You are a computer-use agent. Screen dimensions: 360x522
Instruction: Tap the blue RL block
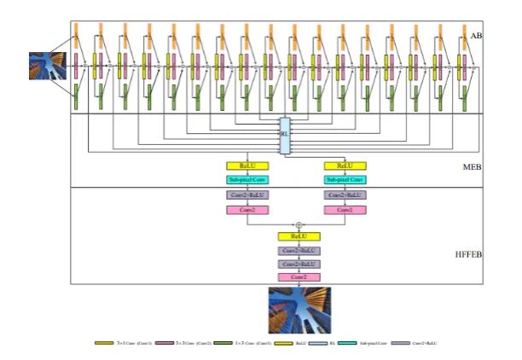point(284,136)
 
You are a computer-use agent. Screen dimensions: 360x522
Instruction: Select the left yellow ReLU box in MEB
point(247,165)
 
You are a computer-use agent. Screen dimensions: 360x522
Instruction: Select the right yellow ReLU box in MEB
point(345,165)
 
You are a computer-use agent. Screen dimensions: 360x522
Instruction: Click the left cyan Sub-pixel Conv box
point(247,179)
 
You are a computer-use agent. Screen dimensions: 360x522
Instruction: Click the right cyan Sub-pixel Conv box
point(345,179)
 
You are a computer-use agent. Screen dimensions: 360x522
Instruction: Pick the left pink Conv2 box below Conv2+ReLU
point(247,209)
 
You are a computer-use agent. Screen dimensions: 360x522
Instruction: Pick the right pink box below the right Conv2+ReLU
point(345,209)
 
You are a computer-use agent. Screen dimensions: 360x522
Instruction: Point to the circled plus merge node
point(299,224)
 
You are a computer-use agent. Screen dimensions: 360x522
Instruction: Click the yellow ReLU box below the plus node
point(299,236)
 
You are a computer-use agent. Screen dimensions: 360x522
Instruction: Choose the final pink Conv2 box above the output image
point(299,277)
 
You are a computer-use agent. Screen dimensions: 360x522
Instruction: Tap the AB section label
point(476,35)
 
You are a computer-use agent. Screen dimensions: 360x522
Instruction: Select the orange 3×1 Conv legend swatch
point(105,342)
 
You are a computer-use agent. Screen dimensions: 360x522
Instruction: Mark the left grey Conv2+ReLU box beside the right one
point(247,195)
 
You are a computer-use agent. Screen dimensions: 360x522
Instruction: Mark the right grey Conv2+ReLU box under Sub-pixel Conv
point(345,195)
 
